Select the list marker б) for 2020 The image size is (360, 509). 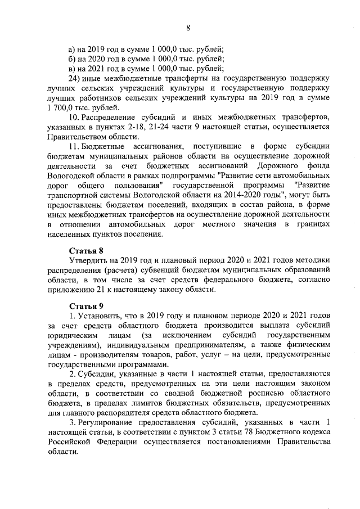72,58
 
